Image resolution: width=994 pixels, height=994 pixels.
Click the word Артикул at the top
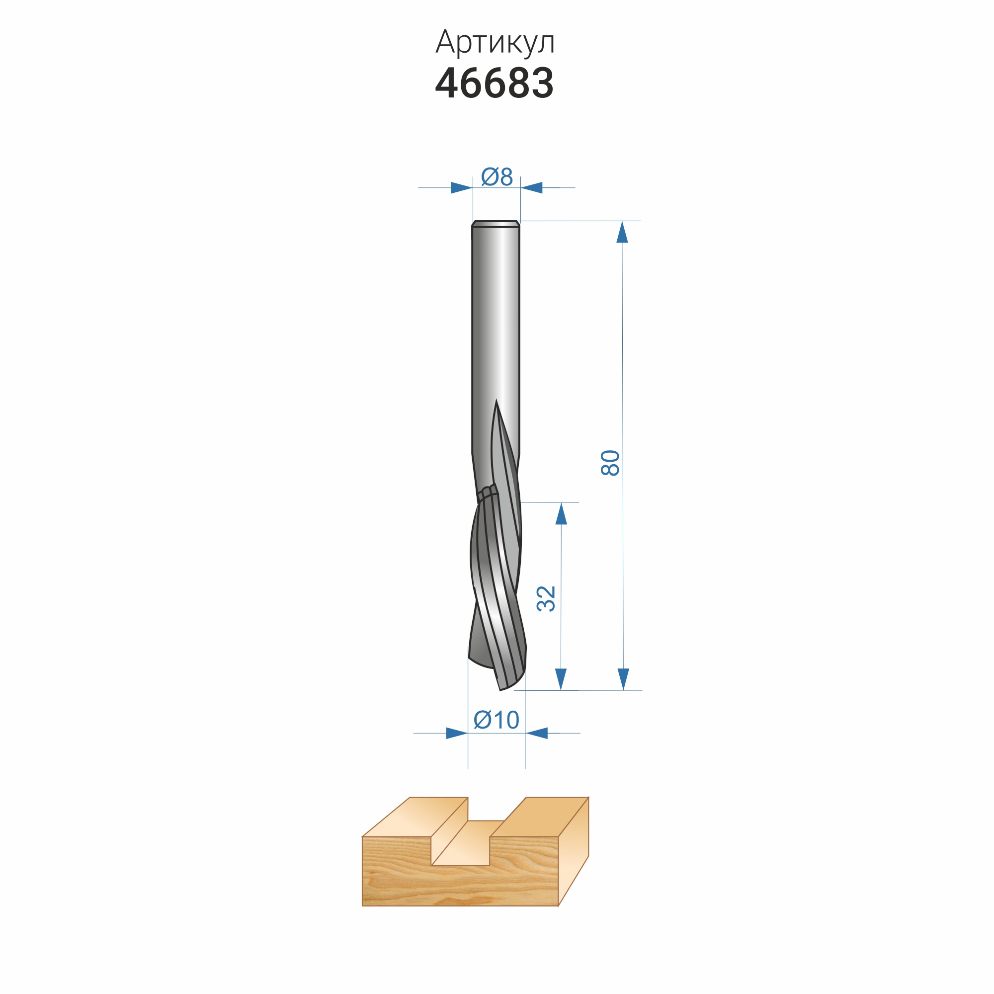click(495, 43)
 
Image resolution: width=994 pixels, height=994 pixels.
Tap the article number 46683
click(495, 83)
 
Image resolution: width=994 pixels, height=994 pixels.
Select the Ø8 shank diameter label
click(497, 177)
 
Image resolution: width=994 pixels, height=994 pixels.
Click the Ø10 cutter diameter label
click(497, 720)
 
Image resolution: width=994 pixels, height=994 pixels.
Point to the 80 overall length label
click(611, 463)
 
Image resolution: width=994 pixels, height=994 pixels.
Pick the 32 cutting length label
click(546, 599)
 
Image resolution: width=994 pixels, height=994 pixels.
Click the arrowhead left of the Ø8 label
click(462, 188)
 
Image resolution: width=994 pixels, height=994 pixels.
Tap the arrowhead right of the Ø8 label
click(531, 188)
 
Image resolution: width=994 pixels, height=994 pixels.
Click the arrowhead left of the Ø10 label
click(457, 733)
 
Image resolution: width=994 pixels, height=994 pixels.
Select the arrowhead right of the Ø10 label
click(537, 733)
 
